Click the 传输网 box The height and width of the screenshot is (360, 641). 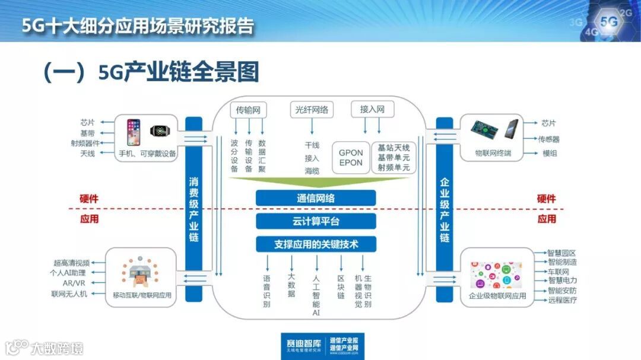pos(248,110)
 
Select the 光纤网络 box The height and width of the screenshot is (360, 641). pos(312,110)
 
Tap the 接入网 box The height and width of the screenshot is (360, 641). pos(372,110)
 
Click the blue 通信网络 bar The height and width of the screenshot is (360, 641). pos(316,198)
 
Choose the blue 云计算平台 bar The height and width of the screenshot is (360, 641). pos(316,221)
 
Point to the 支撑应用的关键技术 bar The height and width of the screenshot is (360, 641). pos(316,244)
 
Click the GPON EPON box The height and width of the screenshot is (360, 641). pos(351,158)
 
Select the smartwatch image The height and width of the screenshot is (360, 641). pos(159,132)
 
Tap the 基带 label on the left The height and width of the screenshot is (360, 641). pos(87,133)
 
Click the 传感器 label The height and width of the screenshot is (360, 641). pos(550,139)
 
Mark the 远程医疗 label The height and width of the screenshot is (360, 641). pos(562,300)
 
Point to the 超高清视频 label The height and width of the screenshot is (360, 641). pos(71,263)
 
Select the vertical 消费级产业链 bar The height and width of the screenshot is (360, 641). pos(193,202)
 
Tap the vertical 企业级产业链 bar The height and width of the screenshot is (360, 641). pos(445,202)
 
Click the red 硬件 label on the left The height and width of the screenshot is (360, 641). pos(89,199)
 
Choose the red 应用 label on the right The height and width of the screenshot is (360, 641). pos(547,219)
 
